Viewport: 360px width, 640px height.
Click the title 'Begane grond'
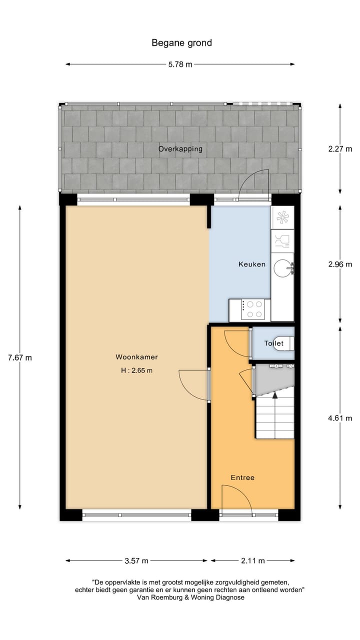tap(181, 43)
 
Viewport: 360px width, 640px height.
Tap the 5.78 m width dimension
tap(179, 64)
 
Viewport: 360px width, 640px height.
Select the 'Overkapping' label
tap(180, 149)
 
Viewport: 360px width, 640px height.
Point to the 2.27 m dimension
tap(340, 148)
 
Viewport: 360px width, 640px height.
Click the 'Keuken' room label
tap(252, 264)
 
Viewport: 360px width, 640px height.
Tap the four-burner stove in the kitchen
tap(253, 309)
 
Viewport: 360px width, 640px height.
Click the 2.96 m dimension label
tap(340, 264)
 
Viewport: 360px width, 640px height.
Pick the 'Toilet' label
tap(274, 343)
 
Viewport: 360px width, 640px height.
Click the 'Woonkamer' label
tap(137, 357)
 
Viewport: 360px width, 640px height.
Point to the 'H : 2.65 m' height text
tap(137, 370)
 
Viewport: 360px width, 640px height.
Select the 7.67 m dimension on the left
tap(19, 357)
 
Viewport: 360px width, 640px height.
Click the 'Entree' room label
tap(242, 477)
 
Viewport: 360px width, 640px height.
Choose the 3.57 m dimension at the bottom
tap(136, 560)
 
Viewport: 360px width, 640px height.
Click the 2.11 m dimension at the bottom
tap(252, 560)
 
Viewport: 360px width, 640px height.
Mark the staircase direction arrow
tap(274, 395)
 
